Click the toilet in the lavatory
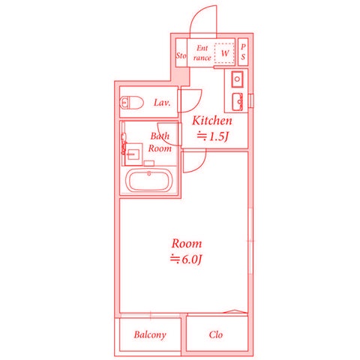[x=133, y=103]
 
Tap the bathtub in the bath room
[x=151, y=181]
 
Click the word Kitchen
[x=212, y=121]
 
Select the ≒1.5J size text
[x=211, y=136]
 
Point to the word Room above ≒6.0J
[x=187, y=244]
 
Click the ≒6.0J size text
[x=187, y=259]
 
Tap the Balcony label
[x=150, y=334]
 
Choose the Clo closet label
[x=216, y=334]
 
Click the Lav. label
[x=163, y=102]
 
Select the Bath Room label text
[x=159, y=142]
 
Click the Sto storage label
[x=181, y=55]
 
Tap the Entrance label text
[x=202, y=52]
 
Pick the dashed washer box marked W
[x=225, y=52]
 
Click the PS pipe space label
[x=243, y=52]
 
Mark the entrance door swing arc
[x=199, y=20]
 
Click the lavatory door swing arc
[x=193, y=97]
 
